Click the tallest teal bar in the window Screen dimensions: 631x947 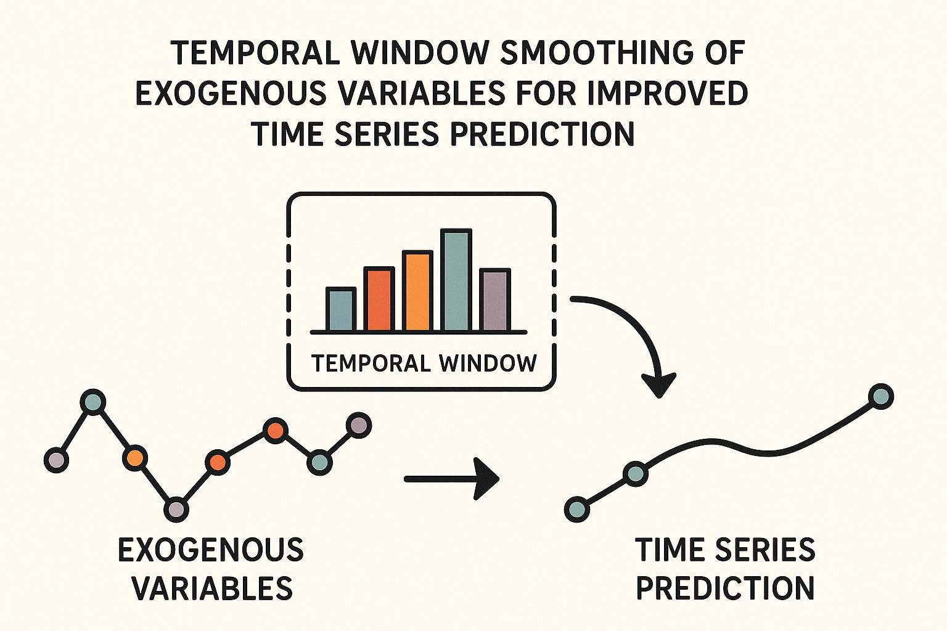456,280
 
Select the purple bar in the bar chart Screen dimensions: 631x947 495,301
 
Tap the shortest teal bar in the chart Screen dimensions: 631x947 341,310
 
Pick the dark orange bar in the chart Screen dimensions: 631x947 379,300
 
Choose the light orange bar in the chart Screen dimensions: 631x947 417,291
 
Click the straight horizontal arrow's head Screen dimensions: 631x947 487,479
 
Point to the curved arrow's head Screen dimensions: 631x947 659,385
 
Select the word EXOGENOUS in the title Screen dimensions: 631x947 231,94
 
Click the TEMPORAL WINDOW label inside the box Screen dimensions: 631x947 424,363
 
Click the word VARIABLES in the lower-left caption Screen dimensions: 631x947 212,588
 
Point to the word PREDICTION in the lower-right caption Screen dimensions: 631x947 725,588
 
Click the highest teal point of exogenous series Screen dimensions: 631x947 93,402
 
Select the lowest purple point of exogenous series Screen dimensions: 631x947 176,509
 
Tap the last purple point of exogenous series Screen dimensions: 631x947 358,425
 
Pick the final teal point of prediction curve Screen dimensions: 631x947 880,396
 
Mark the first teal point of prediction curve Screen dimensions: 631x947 577,509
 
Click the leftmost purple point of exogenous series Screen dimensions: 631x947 56,460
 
